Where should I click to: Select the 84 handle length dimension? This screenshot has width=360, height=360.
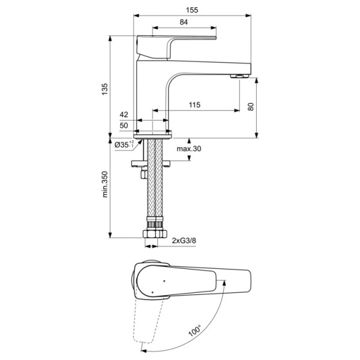pos(184,22)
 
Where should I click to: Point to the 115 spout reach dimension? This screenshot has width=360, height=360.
pos(194,105)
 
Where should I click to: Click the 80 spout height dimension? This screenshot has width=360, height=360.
pos(251,106)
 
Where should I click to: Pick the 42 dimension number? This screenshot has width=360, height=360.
pos(124,114)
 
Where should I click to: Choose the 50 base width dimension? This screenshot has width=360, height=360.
pos(124,125)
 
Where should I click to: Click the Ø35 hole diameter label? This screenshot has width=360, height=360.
pos(123,145)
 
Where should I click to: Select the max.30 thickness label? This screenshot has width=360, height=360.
pos(189,149)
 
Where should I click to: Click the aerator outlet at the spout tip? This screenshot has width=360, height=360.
pos(240,76)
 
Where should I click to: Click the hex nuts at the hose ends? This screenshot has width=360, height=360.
pos(155,233)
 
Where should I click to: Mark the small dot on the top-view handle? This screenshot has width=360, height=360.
pos(163,280)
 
